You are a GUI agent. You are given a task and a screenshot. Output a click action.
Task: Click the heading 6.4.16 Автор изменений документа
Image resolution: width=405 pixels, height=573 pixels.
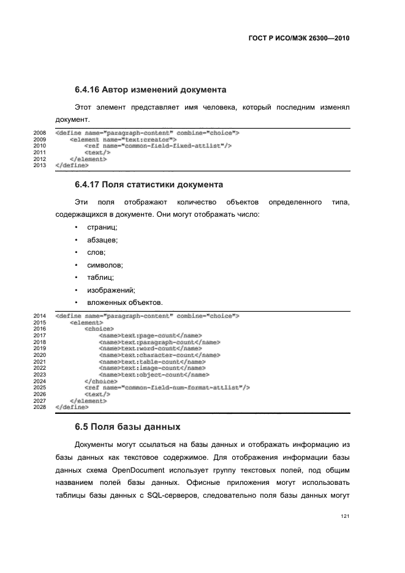tap(150, 90)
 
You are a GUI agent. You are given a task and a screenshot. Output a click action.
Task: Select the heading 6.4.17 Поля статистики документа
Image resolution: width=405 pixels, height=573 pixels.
tap(148, 184)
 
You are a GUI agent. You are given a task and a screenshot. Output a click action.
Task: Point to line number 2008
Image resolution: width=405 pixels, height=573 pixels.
tap(39, 132)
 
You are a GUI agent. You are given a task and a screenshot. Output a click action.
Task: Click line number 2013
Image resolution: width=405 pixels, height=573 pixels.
tap(39, 165)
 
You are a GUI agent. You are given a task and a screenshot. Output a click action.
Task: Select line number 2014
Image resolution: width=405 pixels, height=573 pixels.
tap(39, 316)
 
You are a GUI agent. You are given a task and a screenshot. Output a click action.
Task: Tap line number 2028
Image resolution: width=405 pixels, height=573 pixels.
tap(39, 407)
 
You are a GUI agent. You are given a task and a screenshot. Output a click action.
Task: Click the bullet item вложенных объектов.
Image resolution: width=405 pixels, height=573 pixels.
tap(124, 302)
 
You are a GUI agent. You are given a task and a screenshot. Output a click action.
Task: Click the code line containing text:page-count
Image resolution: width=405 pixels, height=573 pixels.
tap(150, 335)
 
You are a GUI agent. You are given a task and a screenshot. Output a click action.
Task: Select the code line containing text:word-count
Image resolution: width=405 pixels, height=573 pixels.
tap(150, 348)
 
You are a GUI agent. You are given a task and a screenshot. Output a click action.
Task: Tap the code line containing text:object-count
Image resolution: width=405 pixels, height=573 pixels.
tap(154, 375)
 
